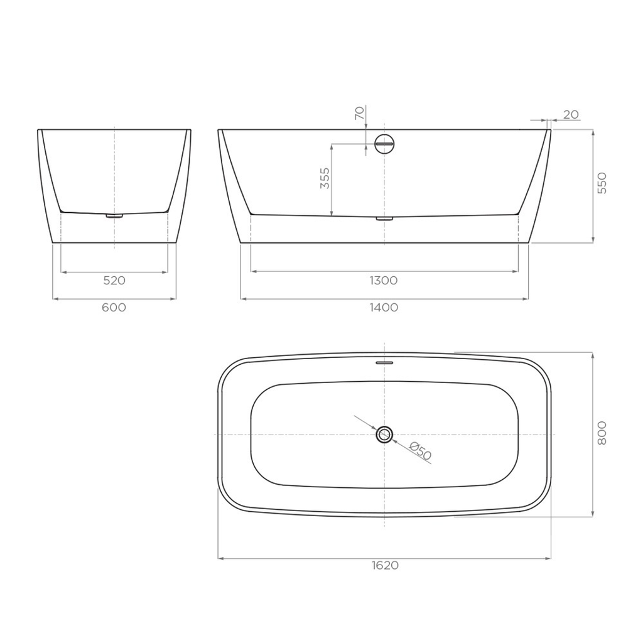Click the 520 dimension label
click(x=114, y=281)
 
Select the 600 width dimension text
click(x=114, y=308)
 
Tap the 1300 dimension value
click(x=384, y=281)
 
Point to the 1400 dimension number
click(x=384, y=308)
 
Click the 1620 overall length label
click(x=385, y=566)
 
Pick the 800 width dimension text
click(x=602, y=433)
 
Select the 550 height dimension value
click(x=602, y=183)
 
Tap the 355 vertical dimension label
click(x=325, y=178)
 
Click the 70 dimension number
click(x=359, y=113)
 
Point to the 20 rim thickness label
click(x=571, y=115)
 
